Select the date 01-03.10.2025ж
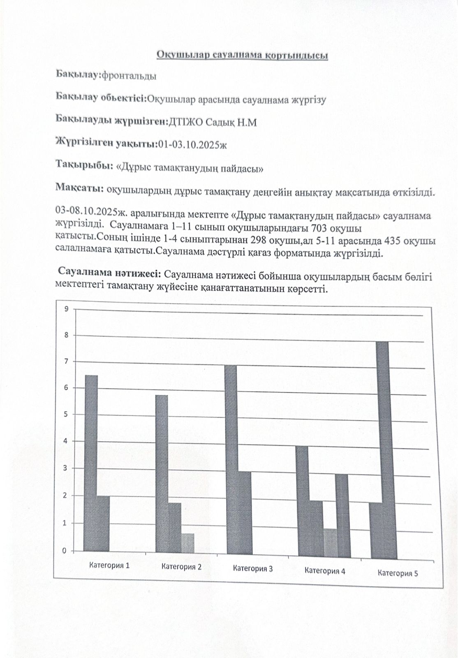pos(192,144)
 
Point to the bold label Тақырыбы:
pos(85,165)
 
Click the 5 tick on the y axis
pos(65,414)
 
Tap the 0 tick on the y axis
pos(64,551)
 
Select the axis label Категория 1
pos(109,565)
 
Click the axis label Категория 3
pos(252,568)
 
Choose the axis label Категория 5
pos(398,573)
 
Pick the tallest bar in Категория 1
pos(91,463)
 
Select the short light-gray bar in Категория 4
pos(330,543)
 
